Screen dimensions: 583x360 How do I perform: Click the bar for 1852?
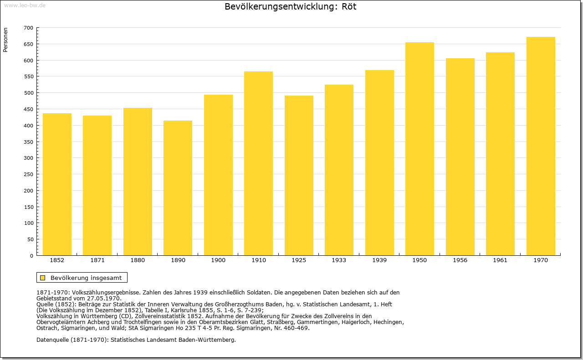pyautogui.click(x=57, y=184)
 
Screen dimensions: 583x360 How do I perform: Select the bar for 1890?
pyautogui.click(x=178, y=188)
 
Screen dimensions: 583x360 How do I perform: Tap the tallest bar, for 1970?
pyautogui.click(x=541, y=146)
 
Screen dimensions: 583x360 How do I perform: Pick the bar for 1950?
pyautogui.click(x=419, y=149)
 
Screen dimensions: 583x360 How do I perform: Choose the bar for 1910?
pyautogui.click(x=258, y=163)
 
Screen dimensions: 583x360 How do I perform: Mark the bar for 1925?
pyautogui.click(x=299, y=176)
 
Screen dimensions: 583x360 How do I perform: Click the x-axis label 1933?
pyautogui.click(x=339, y=260)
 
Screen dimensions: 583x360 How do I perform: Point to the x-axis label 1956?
pyautogui.click(x=460, y=260)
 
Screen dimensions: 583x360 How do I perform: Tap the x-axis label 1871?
pyautogui.click(x=97, y=260)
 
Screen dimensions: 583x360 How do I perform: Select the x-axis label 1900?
pyautogui.click(x=218, y=260)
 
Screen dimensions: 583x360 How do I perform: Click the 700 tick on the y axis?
pyautogui.click(x=29, y=28)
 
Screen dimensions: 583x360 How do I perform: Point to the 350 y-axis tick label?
pyautogui.click(x=29, y=142)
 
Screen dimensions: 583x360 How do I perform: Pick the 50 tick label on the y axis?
pyautogui.click(x=31, y=239)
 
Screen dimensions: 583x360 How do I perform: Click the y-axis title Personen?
pyautogui.click(x=5, y=40)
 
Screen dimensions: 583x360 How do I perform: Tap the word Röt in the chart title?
pyautogui.click(x=349, y=6)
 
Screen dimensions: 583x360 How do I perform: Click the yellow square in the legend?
pyautogui.click(x=43, y=278)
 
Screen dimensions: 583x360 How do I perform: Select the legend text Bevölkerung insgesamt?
pyautogui.click(x=86, y=278)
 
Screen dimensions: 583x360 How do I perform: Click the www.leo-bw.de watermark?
pyautogui.click(x=25, y=5)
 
